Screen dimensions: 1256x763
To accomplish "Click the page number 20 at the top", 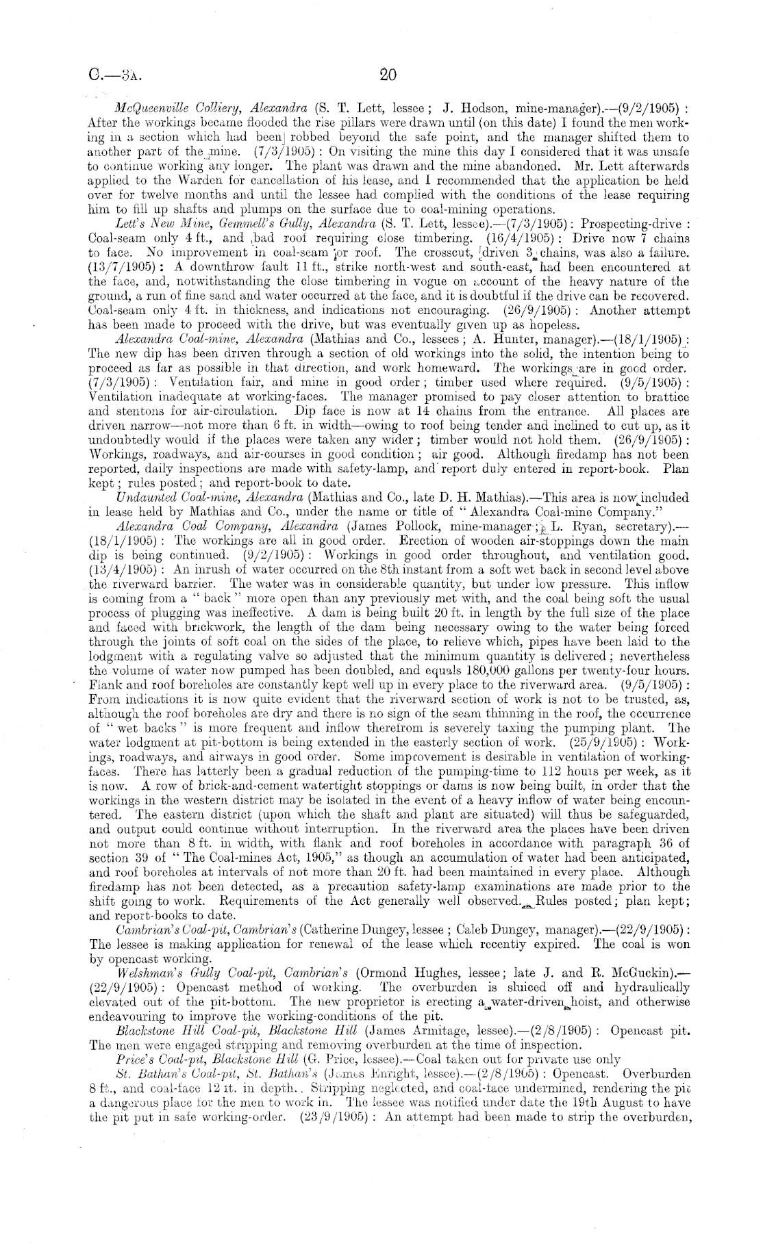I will click(388, 75).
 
